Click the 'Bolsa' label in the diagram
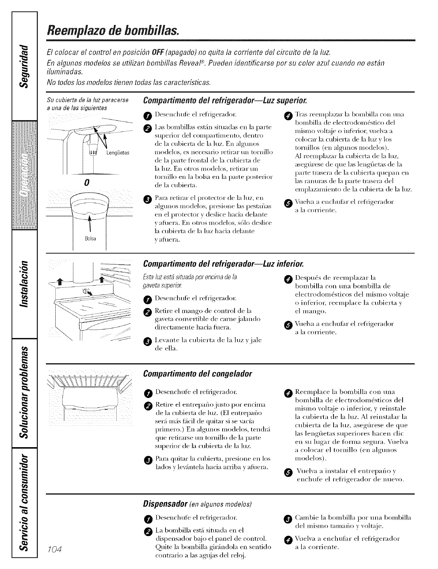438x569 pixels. [x=90, y=239]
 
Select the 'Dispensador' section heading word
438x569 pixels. [x=164, y=504]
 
